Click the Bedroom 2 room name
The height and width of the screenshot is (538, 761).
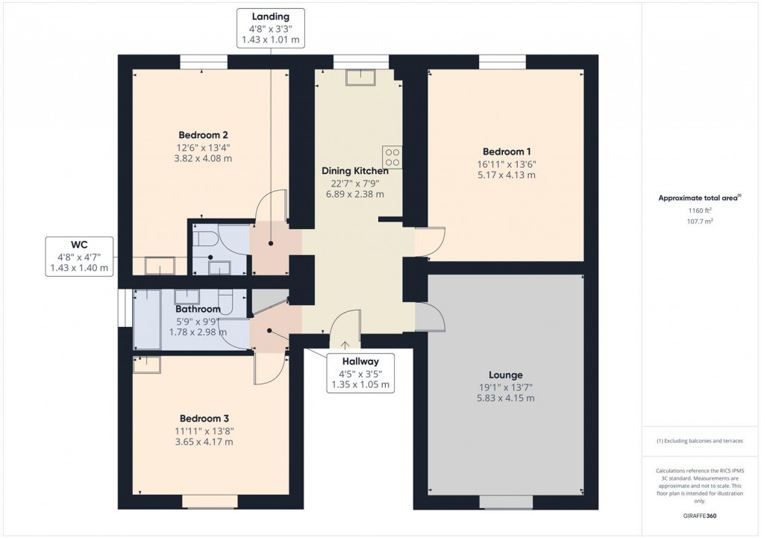(198, 134)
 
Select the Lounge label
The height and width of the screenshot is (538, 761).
(505, 375)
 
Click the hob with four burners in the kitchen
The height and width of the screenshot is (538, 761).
(392, 157)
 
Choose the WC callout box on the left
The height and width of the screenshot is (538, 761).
(78, 256)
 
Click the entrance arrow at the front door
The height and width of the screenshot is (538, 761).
(345, 344)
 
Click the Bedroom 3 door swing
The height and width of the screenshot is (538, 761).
(269, 368)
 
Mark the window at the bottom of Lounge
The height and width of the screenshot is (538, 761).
(506, 501)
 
